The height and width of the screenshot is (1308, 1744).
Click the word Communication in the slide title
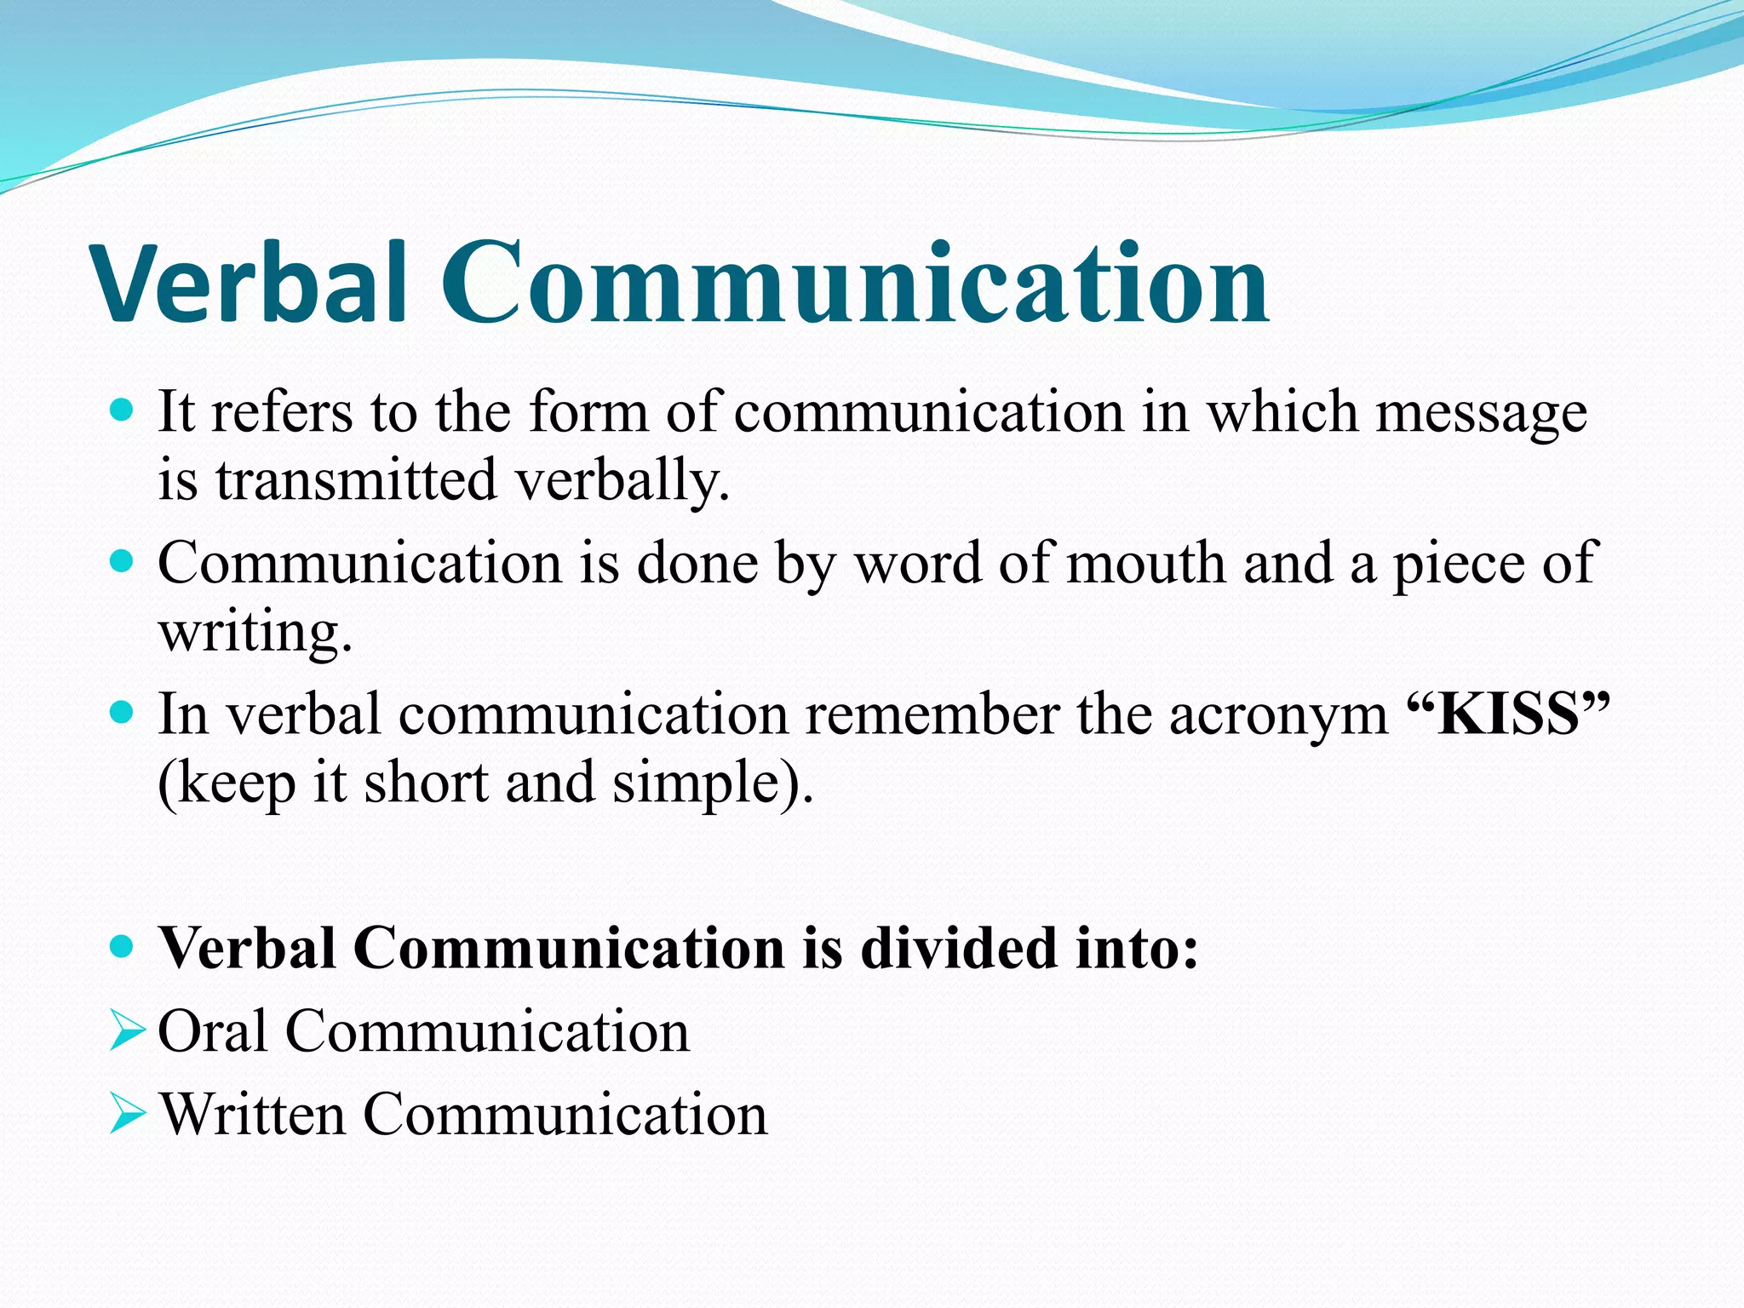(854, 284)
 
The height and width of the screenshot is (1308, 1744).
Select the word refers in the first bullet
(281, 413)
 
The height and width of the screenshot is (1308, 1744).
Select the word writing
(255, 634)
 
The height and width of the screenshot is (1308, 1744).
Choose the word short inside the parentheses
(426, 783)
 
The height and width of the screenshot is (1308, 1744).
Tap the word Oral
(213, 1032)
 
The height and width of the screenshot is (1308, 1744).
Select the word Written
(252, 1115)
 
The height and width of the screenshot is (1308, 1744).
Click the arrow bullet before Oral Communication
(127, 1033)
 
